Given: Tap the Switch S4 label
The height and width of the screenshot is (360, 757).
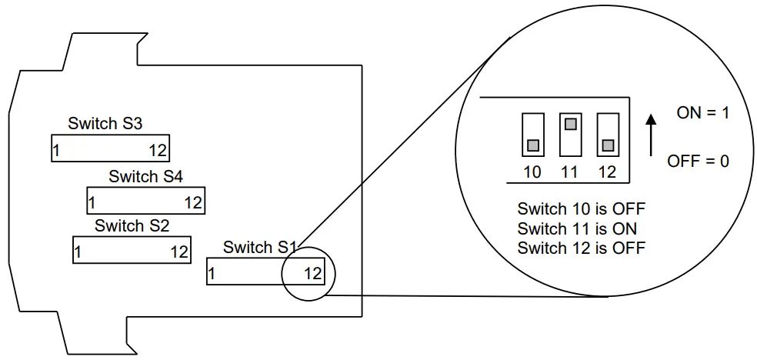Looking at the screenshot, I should [x=145, y=177].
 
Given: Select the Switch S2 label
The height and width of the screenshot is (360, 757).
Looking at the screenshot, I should [x=132, y=225].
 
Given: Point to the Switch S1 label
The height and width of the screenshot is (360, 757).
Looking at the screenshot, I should [x=259, y=248].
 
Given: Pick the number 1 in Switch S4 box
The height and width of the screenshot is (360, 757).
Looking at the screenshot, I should [x=92, y=203].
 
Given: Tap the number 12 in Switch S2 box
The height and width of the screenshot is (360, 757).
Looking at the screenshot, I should [x=178, y=252].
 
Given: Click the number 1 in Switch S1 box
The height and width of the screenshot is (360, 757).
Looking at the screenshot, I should [x=212, y=273].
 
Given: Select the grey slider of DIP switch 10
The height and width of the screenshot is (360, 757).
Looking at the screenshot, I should [x=532, y=145].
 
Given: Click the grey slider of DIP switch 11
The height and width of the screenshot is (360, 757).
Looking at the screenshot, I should [x=569, y=123].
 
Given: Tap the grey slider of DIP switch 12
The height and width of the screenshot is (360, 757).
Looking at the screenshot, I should [x=608, y=145].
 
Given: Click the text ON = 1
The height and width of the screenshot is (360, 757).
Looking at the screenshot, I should [x=702, y=113].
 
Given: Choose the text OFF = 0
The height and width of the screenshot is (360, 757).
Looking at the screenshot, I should [x=698, y=162].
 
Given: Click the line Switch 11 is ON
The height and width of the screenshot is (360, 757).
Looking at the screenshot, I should [x=577, y=228].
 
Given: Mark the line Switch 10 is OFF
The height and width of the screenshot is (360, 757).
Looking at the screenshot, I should [x=581, y=209].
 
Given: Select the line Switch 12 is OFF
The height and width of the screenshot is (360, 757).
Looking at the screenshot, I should [x=581, y=248].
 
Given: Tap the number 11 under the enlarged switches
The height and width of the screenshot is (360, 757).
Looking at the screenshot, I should [x=569, y=172].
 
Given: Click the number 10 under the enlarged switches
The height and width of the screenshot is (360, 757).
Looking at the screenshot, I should [x=532, y=172].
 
